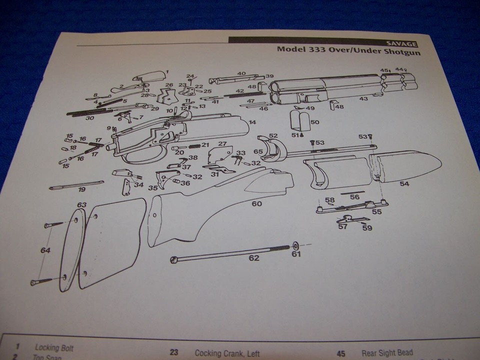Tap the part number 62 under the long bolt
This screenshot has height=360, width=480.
pos(254,258)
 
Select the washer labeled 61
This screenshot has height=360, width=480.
pos(295,245)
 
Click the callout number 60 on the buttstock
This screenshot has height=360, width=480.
pos(256,203)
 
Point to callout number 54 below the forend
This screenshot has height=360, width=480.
pos(404,184)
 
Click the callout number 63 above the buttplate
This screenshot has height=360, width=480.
pos(81,204)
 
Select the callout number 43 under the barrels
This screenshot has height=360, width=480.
pos(363,99)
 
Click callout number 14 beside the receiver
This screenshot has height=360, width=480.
pos(252,122)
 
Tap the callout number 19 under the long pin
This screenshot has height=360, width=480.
pos(81,189)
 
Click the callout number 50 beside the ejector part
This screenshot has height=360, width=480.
pos(314,122)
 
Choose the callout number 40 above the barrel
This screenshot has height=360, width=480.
pos(241,73)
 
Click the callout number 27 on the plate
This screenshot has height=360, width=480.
pos(222,144)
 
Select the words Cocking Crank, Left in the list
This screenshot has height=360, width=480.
pos(227,353)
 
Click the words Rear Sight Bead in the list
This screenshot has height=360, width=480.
pos(387,353)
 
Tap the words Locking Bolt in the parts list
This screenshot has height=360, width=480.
pos(54,347)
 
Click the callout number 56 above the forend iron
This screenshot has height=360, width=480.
pos(354,197)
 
